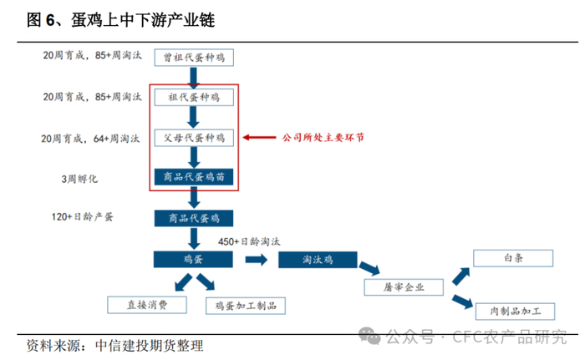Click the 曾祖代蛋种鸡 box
point(194,57)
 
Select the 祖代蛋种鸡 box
point(194,97)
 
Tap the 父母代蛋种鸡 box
point(194,137)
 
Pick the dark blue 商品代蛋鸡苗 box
point(194,177)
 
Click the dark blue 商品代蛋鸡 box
point(194,219)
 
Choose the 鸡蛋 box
point(194,259)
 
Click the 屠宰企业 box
point(406,287)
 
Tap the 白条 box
point(513,259)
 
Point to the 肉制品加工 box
point(513,312)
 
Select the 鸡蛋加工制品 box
point(246,305)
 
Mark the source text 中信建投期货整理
point(150,344)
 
